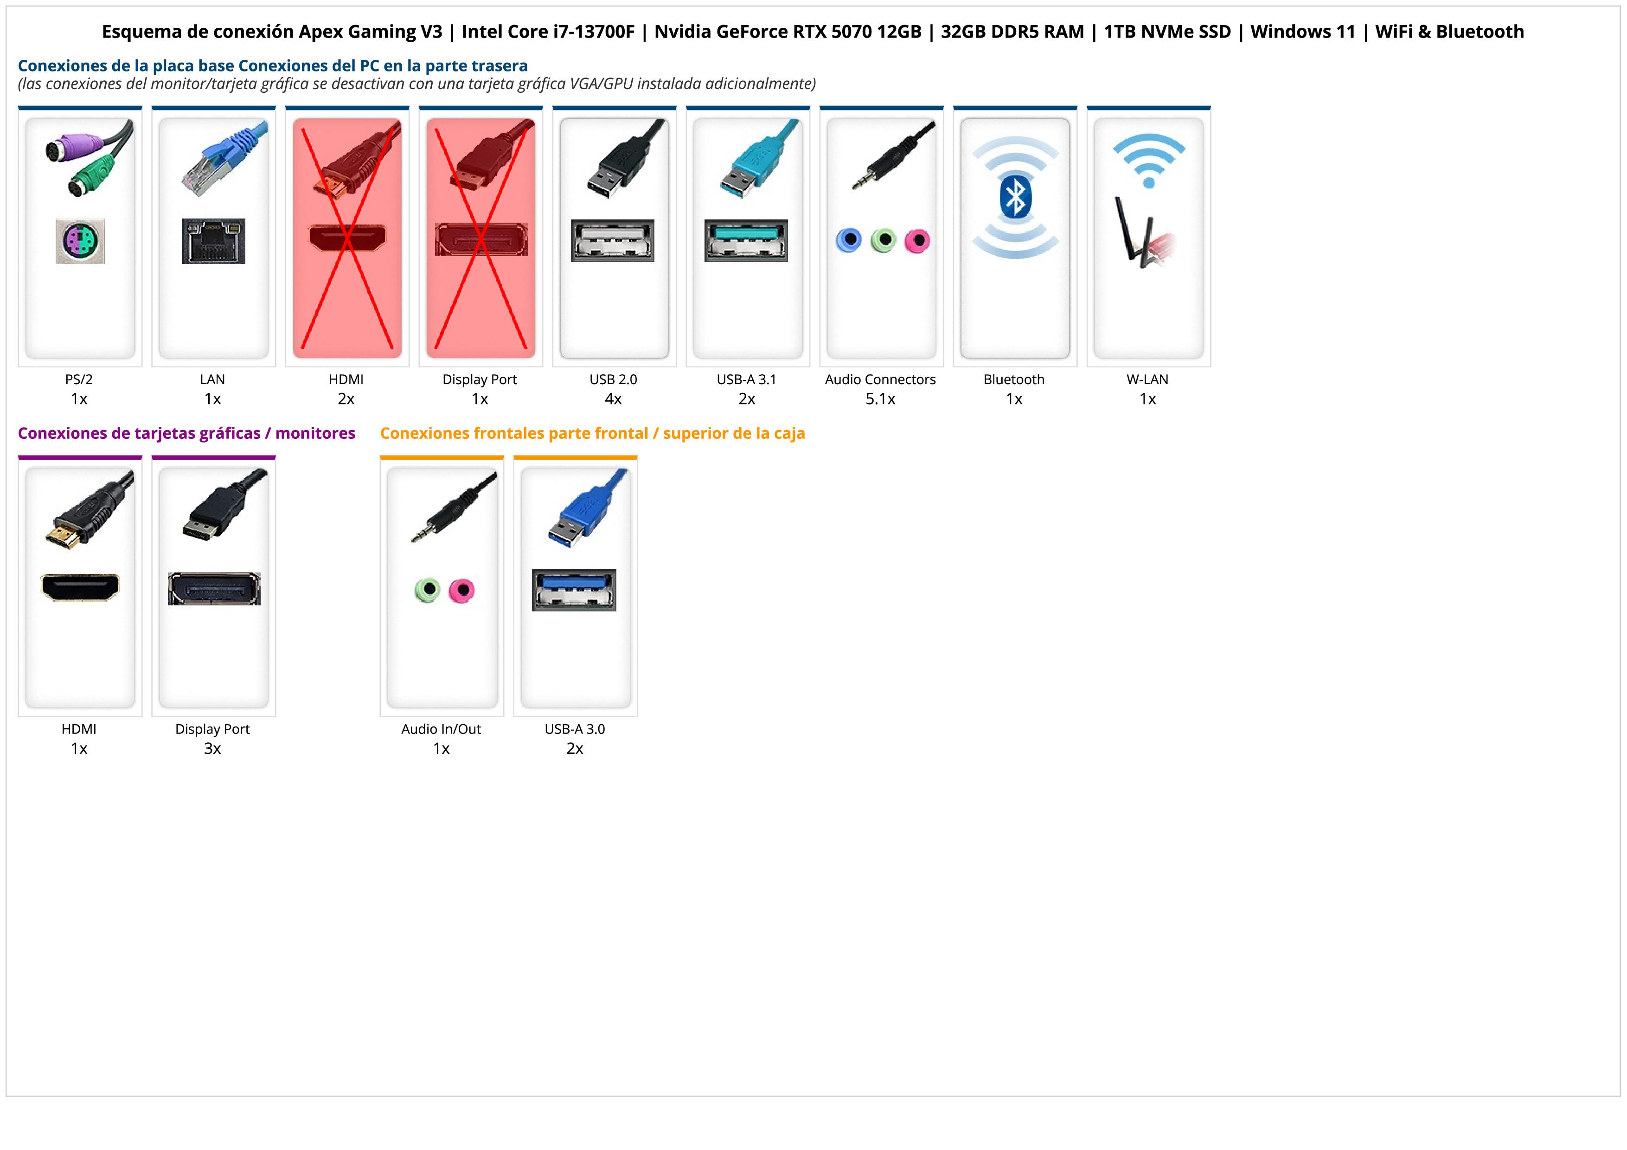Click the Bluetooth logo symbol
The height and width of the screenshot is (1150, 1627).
[1015, 198]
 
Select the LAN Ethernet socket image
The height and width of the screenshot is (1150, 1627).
[213, 241]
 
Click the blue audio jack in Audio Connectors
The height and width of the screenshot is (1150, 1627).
[849, 240]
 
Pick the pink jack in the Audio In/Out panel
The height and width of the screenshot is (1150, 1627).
[462, 590]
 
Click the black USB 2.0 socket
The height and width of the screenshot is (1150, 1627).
[612, 241]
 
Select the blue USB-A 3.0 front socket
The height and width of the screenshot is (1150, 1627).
[574, 590]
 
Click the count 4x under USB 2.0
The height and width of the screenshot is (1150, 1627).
[613, 399]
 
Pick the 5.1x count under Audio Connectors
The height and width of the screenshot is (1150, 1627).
[880, 399]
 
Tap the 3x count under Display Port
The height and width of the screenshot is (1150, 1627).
[212, 748]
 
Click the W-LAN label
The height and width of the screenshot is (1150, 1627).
[1147, 379]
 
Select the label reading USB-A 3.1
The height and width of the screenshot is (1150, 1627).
[746, 379]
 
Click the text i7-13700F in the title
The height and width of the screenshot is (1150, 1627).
[594, 32]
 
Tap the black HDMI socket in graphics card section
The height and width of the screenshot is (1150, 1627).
[80, 587]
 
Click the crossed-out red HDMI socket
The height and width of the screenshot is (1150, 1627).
[347, 238]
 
